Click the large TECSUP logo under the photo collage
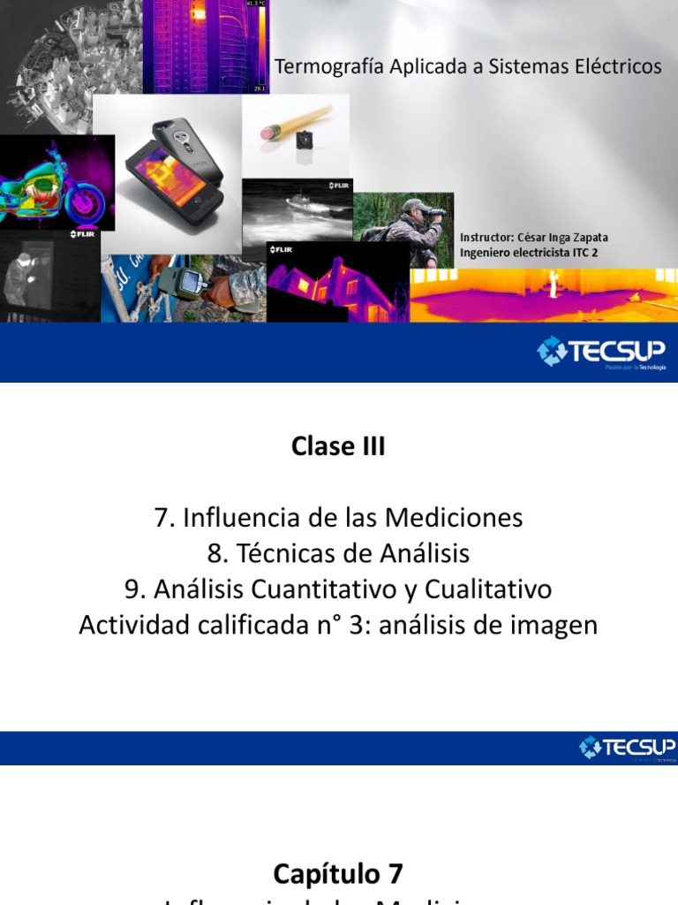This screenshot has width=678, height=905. [x=601, y=352]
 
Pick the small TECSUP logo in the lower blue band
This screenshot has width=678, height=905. [x=627, y=749]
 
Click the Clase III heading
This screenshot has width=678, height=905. [x=338, y=446]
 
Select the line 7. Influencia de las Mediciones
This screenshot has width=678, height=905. [x=338, y=517]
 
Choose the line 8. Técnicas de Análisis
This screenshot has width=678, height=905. [x=338, y=553]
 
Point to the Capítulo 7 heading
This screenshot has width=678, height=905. [x=338, y=874]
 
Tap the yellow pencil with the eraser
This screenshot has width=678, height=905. [x=295, y=123]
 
